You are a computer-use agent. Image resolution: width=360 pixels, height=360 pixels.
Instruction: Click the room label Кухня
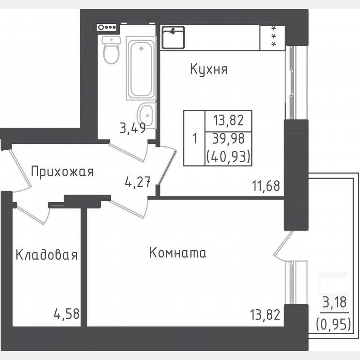tap(208, 69)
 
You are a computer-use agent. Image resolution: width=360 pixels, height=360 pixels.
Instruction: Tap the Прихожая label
tap(62, 171)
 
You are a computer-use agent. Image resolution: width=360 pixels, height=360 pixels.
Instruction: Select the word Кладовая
tap(47, 255)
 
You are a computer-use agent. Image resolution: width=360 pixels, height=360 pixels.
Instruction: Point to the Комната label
tap(178, 252)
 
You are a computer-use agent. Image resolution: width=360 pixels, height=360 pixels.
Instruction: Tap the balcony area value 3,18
tap(334, 302)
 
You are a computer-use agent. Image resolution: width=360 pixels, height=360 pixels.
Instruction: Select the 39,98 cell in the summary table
tap(228, 139)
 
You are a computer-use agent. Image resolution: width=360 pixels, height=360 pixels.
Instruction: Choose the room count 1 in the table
tap(194, 139)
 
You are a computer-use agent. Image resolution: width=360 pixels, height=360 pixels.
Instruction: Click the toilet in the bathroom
tap(111, 50)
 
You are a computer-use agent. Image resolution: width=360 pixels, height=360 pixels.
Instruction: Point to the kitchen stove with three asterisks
tap(273, 37)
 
